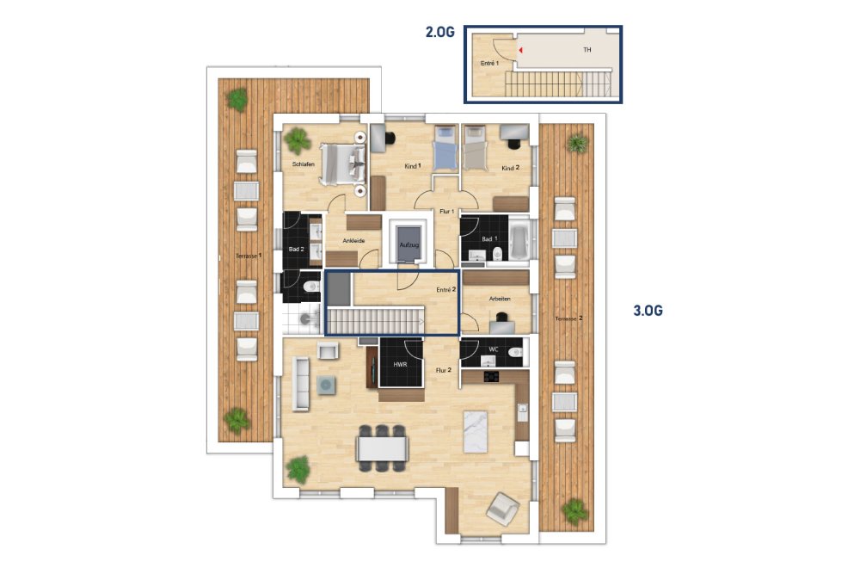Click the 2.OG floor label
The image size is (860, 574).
439,33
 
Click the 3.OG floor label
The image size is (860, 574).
648,311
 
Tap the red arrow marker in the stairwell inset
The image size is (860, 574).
520,50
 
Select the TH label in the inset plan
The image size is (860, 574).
587,50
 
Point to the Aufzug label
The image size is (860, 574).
409,244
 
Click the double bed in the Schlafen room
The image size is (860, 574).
343,164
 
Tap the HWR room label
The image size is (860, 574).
400,364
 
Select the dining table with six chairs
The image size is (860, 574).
383,447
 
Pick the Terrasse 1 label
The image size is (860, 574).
249,256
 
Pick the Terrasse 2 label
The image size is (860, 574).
568,318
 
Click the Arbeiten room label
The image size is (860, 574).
500,299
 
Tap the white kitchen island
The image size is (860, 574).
476,431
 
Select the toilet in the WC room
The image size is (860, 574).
515,352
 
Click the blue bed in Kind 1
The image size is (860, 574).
445,149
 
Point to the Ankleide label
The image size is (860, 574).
353,240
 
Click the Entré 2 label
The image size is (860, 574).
445,290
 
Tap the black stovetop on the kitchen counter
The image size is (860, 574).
491,376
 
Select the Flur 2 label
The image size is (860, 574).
443,370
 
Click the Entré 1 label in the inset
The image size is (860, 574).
490,64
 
